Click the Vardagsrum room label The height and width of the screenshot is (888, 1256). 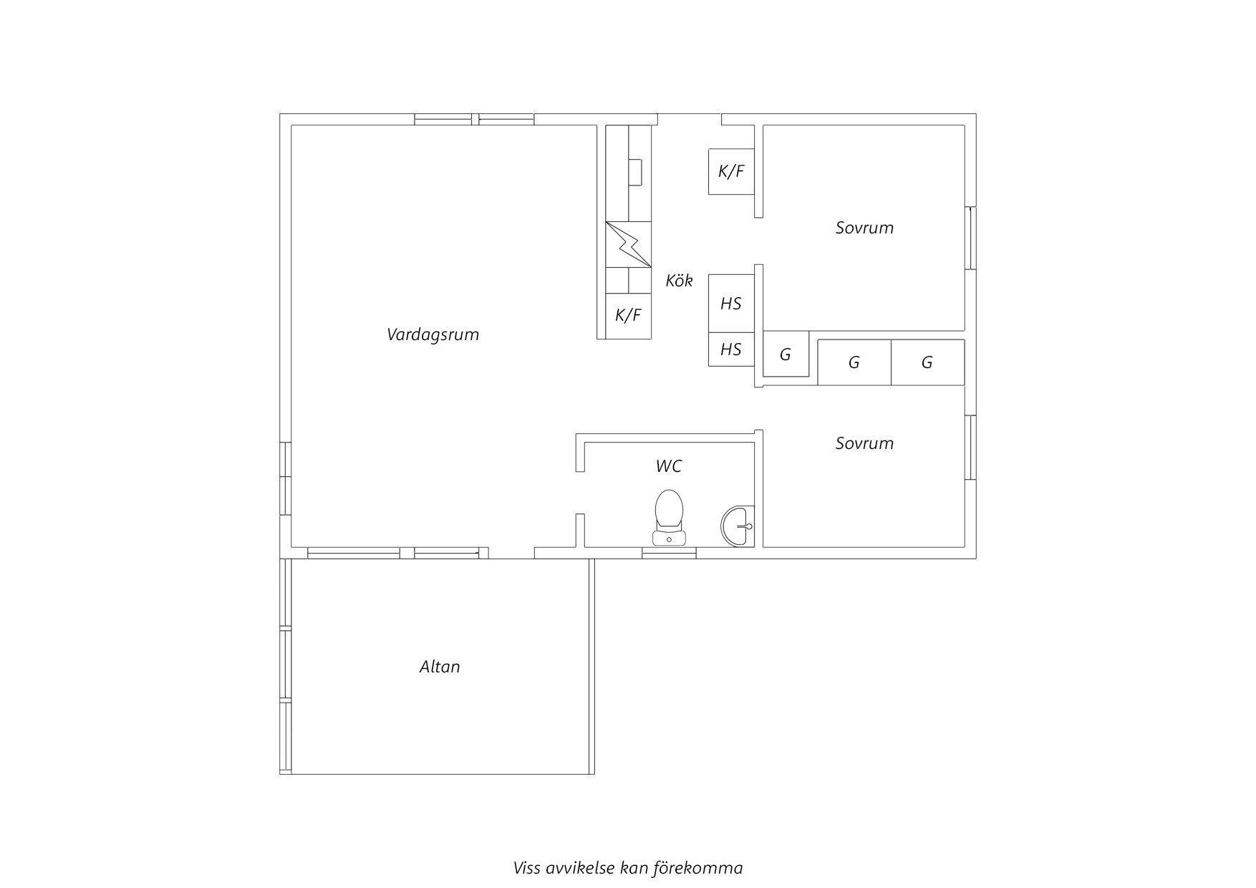click(433, 334)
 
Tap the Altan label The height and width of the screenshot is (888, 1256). click(440, 667)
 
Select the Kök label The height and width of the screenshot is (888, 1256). click(679, 280)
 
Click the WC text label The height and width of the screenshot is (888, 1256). click(669, 466)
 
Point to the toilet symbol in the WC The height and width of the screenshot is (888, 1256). click(669, 517)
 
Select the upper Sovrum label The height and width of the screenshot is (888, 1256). click(864, 228)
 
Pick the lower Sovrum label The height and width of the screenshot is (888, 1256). click(864, 443)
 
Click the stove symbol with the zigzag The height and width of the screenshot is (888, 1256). click(629, 245)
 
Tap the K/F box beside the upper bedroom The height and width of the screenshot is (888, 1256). click(731, 171)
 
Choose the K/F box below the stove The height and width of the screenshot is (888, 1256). click(629, 316)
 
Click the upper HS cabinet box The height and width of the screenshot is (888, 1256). click(731, 304)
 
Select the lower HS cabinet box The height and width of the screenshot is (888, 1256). click(731, 349)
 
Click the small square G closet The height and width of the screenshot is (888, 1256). click(786, 354)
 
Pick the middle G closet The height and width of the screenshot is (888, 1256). click(854, 362)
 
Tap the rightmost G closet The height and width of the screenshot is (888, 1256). click(928, 362)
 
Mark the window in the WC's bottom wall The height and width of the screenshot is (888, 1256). click(669, 552)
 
